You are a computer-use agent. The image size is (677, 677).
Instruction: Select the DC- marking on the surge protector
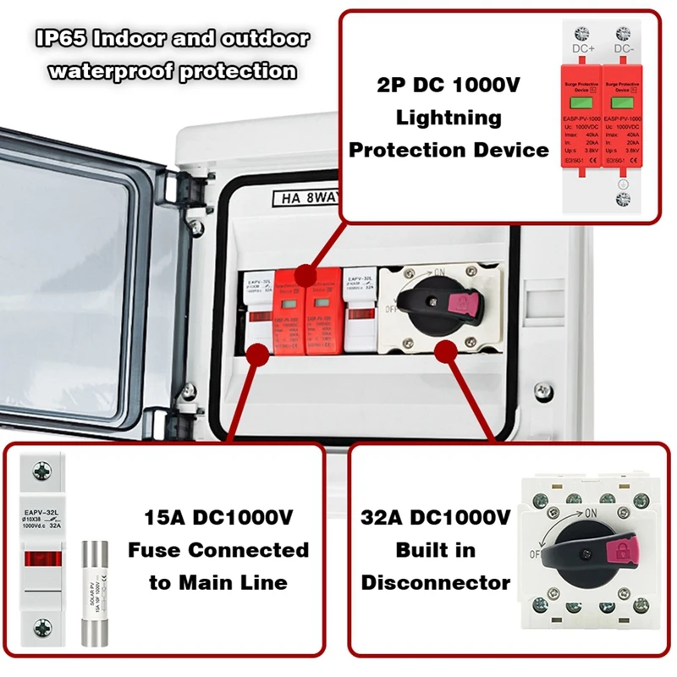tap(624, 49)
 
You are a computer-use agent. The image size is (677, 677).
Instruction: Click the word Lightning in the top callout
tap(449, 118)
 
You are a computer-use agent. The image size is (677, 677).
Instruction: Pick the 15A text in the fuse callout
tap(160, 517)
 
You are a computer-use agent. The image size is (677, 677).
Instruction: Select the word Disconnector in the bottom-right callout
tap(436, 582)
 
